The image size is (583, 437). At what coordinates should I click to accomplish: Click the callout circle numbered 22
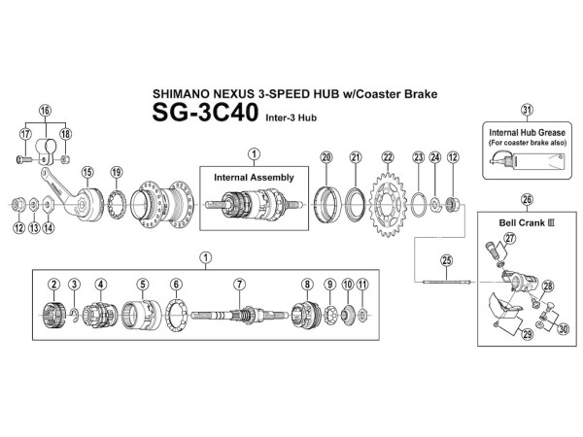(388, 157)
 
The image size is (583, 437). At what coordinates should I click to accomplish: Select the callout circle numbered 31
(527, 110)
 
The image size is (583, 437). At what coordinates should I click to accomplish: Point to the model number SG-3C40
(205, 114)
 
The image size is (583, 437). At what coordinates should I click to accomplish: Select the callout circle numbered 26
(527, 201)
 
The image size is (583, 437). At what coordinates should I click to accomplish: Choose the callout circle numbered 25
(447, 259)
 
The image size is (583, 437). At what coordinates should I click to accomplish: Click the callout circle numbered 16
(45, 112)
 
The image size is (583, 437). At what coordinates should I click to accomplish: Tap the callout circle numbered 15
(86, 173)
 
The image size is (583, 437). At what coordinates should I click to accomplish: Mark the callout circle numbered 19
(117, 173)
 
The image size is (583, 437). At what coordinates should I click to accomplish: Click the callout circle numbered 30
(563, 327)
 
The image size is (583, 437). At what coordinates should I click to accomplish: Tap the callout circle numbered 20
(326, 157)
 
